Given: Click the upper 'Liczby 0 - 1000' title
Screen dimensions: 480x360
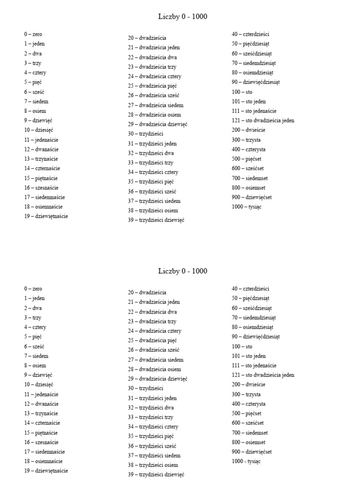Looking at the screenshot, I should tap(183, 17).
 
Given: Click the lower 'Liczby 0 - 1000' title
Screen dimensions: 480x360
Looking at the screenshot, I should tap(183, 271).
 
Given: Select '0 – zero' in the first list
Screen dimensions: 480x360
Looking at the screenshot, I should tap(33, 34).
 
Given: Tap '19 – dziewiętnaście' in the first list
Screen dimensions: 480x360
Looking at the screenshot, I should tap(46, 216).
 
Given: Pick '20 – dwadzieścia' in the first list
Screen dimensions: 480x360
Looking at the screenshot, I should tap(147, 38).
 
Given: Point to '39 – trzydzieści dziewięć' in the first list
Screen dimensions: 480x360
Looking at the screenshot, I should tap(156, 220).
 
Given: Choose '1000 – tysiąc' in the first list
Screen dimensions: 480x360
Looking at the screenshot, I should tap(246, 207).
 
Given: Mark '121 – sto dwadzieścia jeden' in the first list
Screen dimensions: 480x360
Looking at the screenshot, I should tap(263, 120).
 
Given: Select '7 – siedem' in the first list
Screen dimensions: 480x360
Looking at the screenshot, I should tap(37, 101).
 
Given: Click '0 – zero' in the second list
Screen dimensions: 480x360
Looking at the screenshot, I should tap(33, 289).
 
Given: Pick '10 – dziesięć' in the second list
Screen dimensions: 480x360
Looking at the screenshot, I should tap(39, 384).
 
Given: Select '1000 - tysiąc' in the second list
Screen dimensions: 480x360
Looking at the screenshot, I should tap(246, 461).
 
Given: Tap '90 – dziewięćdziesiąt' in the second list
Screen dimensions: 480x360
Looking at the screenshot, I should tap(256, 337).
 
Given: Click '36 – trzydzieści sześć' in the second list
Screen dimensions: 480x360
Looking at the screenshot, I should tap(152, 446).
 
